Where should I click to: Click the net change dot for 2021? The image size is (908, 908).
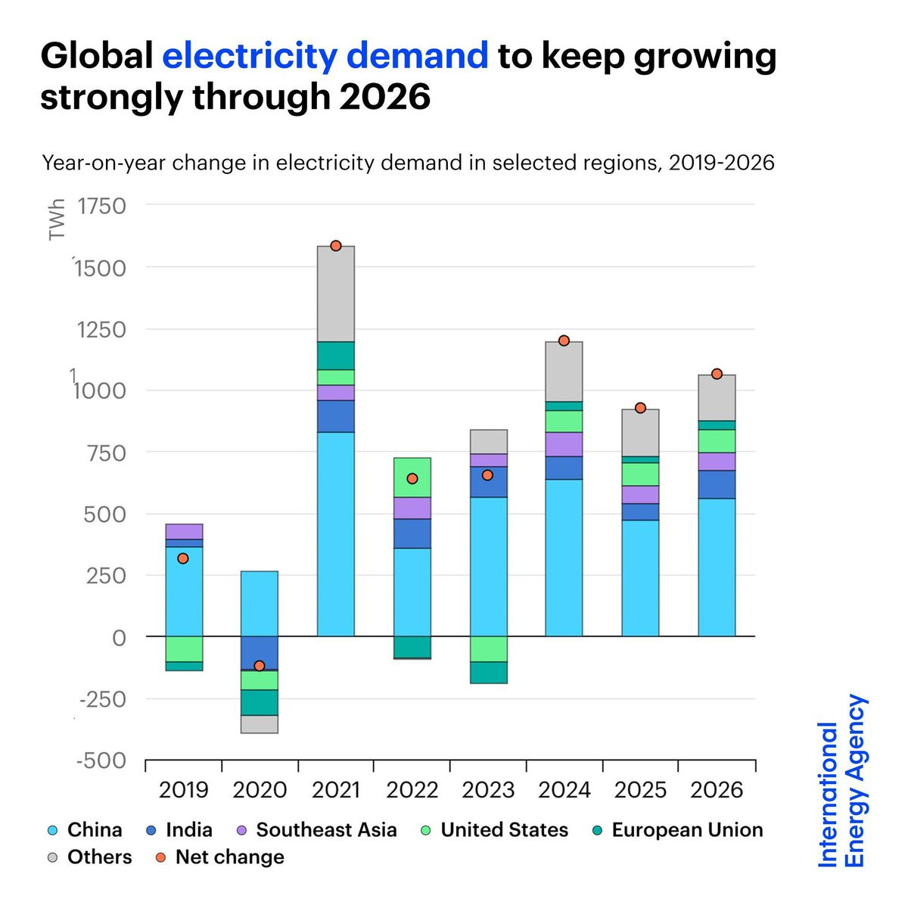(x=335, y=245)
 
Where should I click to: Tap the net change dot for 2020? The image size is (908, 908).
(x=260, y=665)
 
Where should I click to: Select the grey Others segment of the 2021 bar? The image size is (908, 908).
(x=335, y=294)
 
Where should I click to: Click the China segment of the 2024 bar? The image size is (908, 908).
(x=564, y=558)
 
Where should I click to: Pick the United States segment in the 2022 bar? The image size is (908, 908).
(x=412, y=477)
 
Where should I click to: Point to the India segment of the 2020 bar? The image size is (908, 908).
(x=260, y=653)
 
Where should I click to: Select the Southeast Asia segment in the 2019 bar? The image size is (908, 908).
(x=184, y=531)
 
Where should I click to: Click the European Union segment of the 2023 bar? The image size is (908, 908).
(x=488, y=673)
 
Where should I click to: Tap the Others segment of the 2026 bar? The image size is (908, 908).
(x=717, y=398)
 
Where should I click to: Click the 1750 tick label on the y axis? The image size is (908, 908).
(x=101, y=206)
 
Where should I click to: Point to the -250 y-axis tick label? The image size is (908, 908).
(x=103, y=699)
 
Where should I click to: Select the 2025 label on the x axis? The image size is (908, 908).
(x=640, y=790)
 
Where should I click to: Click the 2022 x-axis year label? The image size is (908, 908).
(x=412, y=790)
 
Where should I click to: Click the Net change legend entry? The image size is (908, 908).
(x=219, y=857)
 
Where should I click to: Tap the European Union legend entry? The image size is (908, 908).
(x=677, y=830)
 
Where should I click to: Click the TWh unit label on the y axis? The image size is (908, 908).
(x=57, y=219)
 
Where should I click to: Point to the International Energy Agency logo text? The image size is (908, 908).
(x=841, y=781)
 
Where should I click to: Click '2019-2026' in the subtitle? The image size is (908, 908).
(x=721, y=163)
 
